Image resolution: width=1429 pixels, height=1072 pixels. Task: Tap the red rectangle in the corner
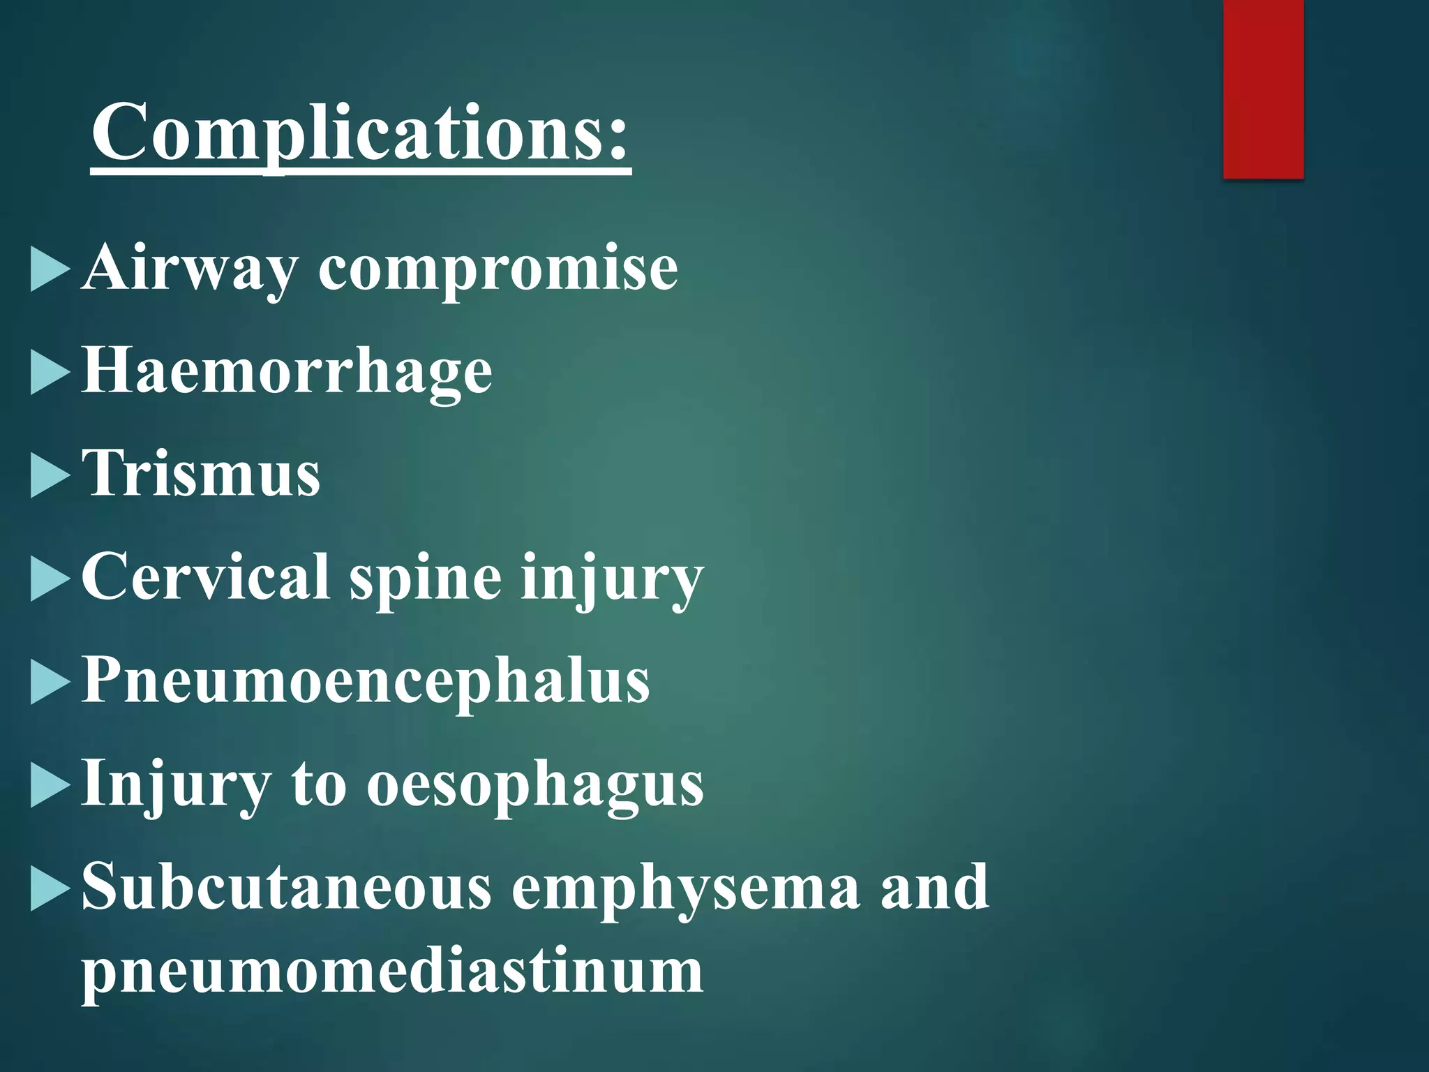[x=1263, y=89]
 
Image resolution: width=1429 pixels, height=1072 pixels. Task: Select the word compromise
[x=497, y=269]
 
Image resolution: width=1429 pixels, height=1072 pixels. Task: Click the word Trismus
[x=201, y=473]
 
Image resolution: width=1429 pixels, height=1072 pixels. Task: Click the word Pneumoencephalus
[x=366, y=681]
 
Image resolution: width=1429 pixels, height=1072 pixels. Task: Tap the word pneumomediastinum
[x=392, y=971]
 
